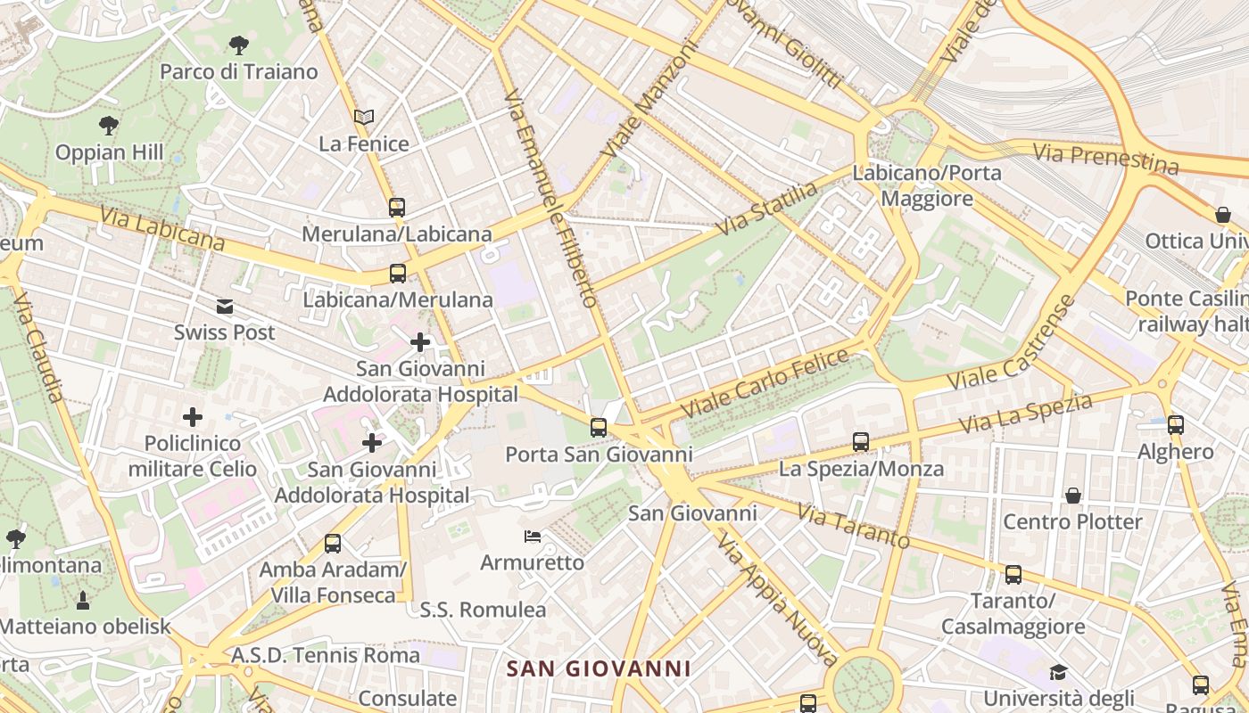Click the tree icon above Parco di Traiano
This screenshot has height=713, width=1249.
[238, 44]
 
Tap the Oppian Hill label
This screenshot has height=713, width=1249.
[110, 152]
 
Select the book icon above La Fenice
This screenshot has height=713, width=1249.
[363, 117]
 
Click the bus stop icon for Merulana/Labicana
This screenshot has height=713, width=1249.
[397, 208]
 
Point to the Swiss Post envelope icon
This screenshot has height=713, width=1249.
[225, 307]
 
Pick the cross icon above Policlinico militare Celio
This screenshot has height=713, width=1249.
[192, 416]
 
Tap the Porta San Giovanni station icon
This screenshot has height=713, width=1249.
[599, 428]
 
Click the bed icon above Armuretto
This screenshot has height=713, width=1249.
[532, 537]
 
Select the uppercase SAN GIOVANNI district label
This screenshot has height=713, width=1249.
[599, 668]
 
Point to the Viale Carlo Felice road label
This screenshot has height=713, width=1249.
[765, 383]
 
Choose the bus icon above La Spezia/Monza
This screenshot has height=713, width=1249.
[860, 441]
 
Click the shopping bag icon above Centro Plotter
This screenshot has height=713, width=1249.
[1072, 495]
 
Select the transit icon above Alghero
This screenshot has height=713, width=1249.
[1176, 424]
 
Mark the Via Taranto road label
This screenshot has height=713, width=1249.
[854, 528]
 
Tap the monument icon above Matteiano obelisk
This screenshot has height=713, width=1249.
[83, 600]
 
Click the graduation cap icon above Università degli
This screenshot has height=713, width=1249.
[1058, 671]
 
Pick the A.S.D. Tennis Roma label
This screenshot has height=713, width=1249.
[326, 655]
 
